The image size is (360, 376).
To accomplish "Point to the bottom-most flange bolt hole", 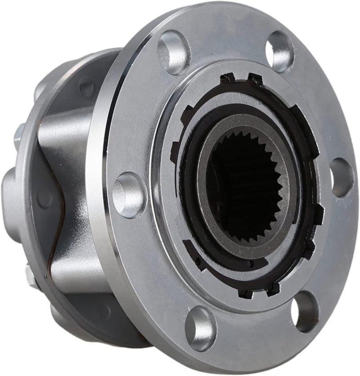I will point(200,322).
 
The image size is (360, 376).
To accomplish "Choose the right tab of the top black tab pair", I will point(255,79).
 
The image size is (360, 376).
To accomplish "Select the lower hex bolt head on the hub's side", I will point(30,274).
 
